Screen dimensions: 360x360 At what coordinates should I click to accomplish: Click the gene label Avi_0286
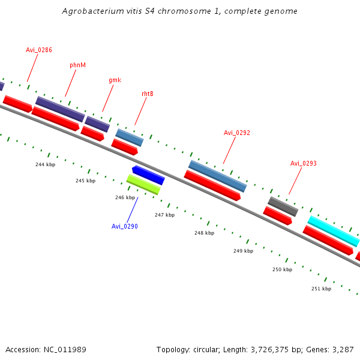coord(39,50)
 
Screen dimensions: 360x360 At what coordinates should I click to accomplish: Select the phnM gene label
coord(78,64)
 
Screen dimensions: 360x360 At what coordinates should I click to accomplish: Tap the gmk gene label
coord(115,80)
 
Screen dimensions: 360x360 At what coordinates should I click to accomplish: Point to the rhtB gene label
coord(148,94)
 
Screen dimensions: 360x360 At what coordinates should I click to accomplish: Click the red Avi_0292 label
coord(236,133)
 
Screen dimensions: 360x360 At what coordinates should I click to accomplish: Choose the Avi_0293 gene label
coord(304,163)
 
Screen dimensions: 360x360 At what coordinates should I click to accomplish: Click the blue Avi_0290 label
coord(125,226)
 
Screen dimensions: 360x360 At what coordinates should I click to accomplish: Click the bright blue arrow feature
coord(148,175)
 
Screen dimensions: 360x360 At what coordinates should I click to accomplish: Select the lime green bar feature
coord(143,184)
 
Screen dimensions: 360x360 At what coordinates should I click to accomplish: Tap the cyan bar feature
coord(334,231)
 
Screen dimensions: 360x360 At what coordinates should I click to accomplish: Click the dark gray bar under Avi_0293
coord(283,206)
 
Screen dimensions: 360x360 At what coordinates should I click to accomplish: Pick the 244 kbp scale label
coord(45,164)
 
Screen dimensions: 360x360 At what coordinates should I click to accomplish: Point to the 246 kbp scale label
coord(125,197)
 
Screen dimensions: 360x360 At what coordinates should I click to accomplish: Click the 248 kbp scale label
coord(204,233)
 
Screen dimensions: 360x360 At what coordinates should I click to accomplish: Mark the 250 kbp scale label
coord(282,269)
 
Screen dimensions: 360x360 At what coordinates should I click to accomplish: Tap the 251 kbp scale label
coord(321,289)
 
